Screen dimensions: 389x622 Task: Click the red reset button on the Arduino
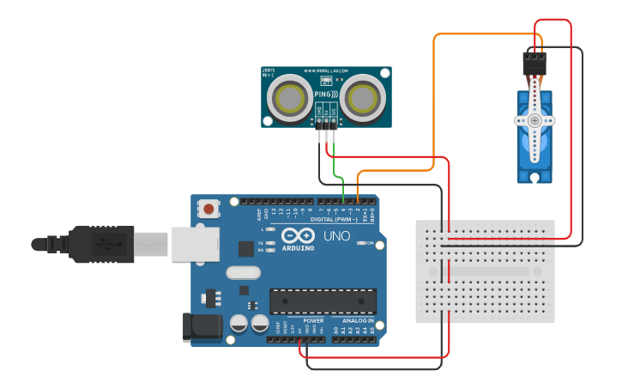click(x=208, y=208)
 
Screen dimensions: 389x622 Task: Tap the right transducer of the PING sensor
click(x=364, y=97)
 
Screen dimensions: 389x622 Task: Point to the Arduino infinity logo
click(x=297, y=235)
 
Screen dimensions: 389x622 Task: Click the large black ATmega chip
click(x=323, y=301)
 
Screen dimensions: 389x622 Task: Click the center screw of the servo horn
click(x=534, y=121)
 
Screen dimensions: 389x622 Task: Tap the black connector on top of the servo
click(x=534, y=64)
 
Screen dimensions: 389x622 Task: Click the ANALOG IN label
click(x=354, y=319)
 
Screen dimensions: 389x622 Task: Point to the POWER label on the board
click(x=313, y=319)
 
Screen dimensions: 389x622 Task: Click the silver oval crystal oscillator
click(x=243, y=273)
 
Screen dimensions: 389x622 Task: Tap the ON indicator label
click(x=371, y=243)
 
